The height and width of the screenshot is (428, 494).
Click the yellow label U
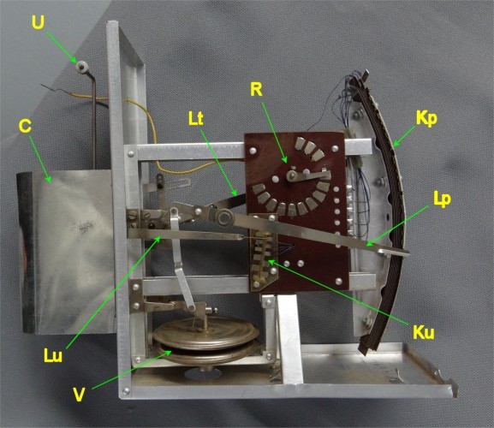38,21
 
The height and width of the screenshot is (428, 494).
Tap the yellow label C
25,126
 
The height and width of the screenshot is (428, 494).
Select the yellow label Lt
196,119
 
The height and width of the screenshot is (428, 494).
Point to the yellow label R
256,89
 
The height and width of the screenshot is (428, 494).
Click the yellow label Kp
426,118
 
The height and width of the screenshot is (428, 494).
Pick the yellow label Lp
442,199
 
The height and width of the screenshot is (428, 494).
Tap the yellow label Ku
424,332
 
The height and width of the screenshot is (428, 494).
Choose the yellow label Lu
53,355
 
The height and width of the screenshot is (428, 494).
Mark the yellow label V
79,395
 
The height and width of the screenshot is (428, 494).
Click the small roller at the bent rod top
82,67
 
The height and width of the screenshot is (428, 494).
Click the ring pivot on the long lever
224,217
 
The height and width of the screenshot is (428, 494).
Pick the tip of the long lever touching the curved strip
407,253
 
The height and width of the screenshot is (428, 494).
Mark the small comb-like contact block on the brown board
264,252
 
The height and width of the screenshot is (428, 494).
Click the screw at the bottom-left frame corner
126,391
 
